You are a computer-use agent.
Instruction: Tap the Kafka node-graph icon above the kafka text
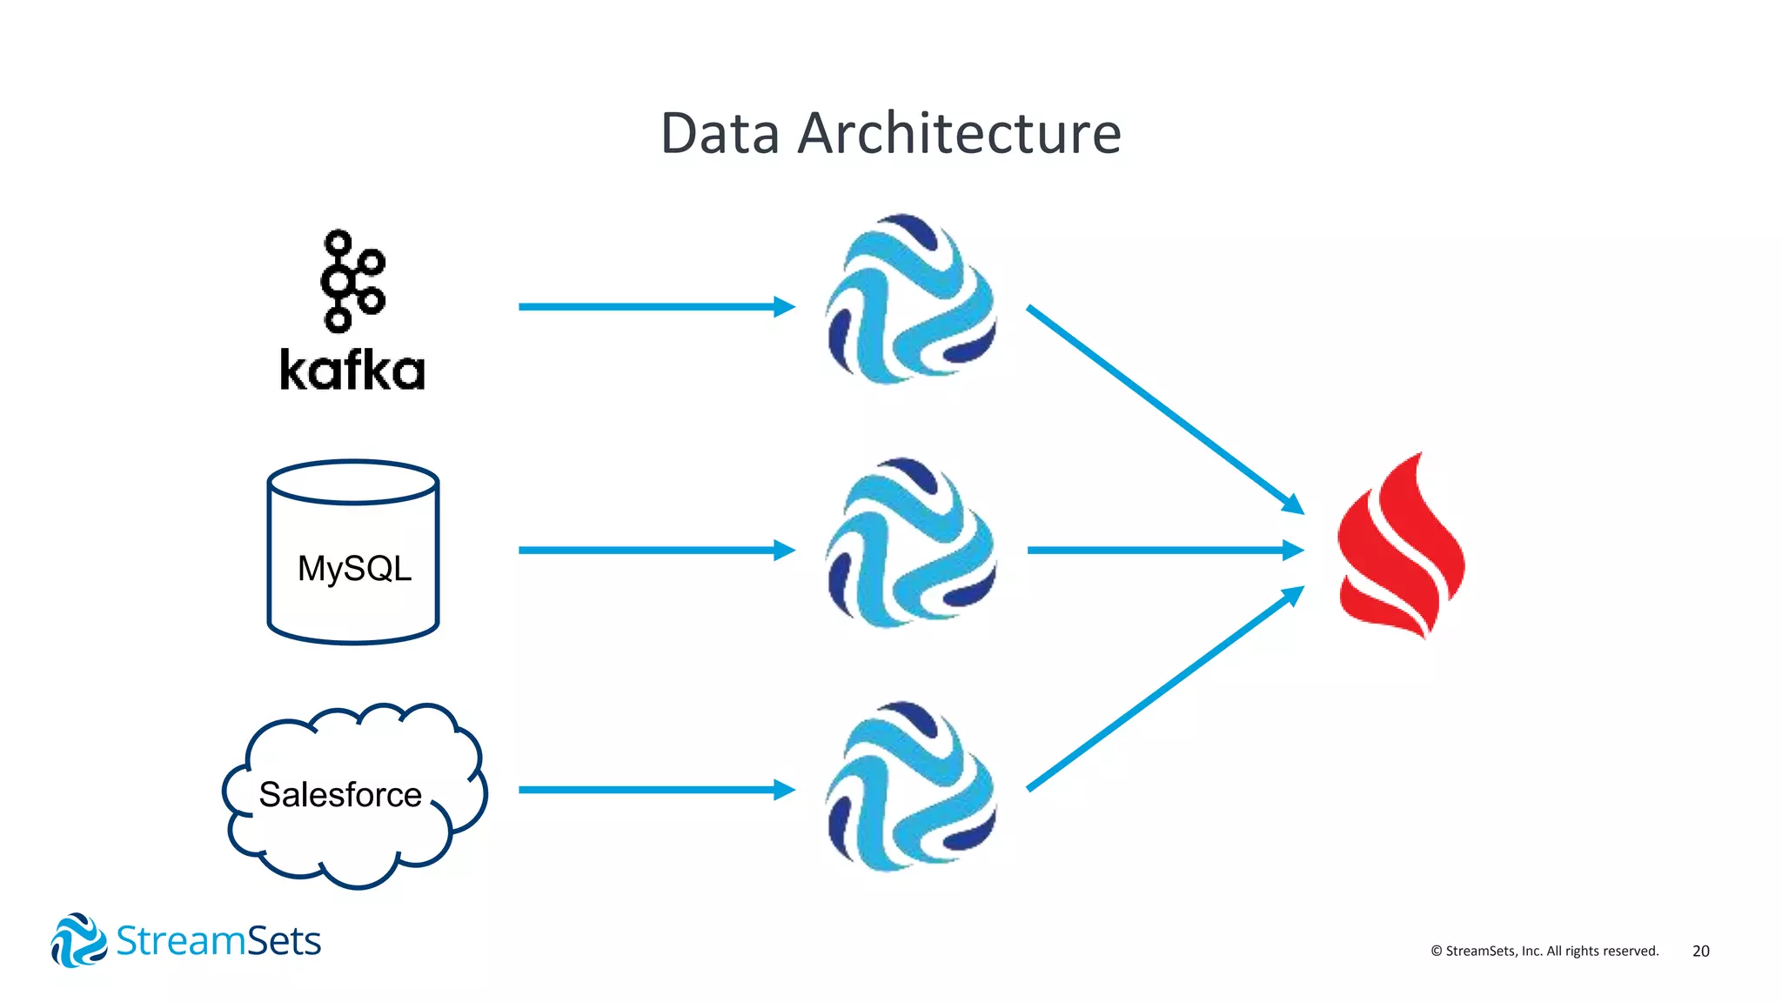[352, 281]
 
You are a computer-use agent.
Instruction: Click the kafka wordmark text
[352, 371]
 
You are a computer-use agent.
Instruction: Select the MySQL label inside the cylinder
[354, 569]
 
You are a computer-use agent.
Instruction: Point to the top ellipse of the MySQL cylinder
[353, 482]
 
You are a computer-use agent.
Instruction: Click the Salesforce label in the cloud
[340, 794]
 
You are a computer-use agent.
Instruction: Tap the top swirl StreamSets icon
[910, 300]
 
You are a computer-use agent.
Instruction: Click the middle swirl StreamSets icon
[910, 544]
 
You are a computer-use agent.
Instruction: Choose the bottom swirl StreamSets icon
[910, 787]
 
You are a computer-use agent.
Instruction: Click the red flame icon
[1401, 548]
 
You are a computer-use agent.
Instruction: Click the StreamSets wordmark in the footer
[218, 941]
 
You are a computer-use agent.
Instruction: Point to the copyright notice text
[1544, 951]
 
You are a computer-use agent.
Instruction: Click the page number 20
[1701, 951]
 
